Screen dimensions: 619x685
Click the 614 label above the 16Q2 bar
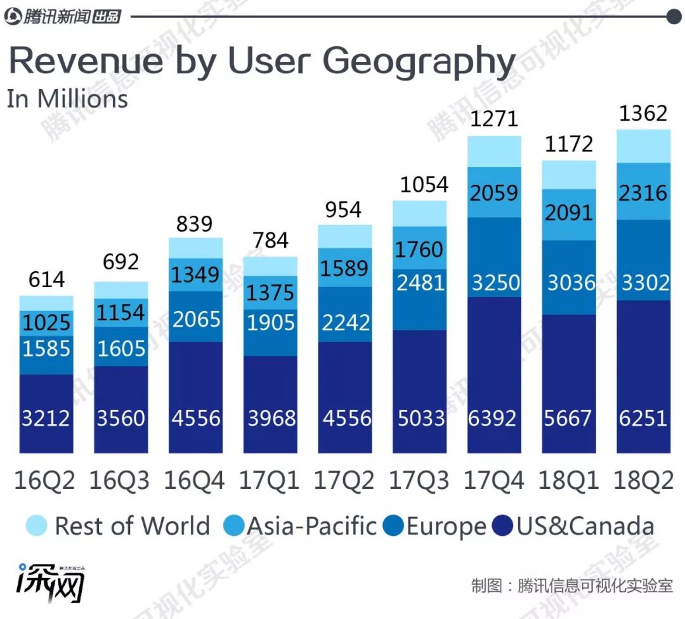click(46, 280)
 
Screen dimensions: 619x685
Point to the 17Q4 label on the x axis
click(494, 481)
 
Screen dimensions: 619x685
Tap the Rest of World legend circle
click(37, 526)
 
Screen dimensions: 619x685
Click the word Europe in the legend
click(446, 526)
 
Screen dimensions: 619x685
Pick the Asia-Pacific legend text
click(311, 526)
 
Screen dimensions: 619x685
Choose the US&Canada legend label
click(585, 526)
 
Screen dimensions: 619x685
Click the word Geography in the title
click(419, 62)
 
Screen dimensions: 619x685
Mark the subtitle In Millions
click(67, 99)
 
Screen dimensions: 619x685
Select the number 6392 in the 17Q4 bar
click(494, 418)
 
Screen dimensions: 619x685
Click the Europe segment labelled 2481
click(419, 283)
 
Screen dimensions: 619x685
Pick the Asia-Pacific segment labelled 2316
click(644, 192)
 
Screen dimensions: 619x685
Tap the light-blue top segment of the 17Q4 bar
click(494, 151)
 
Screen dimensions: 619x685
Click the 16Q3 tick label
click(120, 481)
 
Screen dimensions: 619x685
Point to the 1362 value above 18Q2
click(644, 114)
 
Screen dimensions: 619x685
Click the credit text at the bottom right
click(571, 585)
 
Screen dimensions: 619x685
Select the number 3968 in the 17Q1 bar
click(270, 418)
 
